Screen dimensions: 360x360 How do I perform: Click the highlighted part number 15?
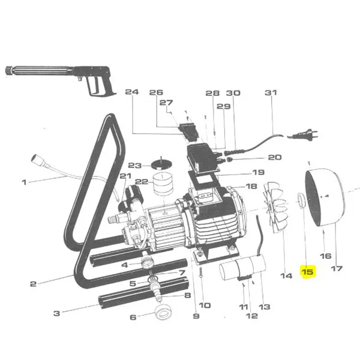[308, 272]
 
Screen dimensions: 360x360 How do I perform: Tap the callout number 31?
[271, 93]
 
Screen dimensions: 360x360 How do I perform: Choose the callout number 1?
[24, 182]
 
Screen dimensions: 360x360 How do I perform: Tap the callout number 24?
[131, 93]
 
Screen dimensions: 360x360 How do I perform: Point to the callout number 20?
[274, 157]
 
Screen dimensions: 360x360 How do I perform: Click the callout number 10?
[205, 305]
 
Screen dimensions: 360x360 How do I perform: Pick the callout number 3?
[57, 313]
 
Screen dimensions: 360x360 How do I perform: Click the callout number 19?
[258, 172]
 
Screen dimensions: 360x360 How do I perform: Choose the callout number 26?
[156, 93]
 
